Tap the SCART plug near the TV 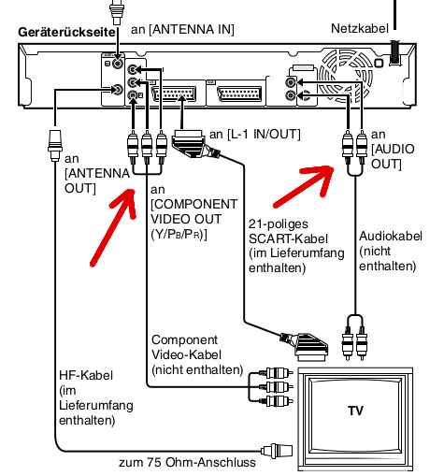coord(308,347)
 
